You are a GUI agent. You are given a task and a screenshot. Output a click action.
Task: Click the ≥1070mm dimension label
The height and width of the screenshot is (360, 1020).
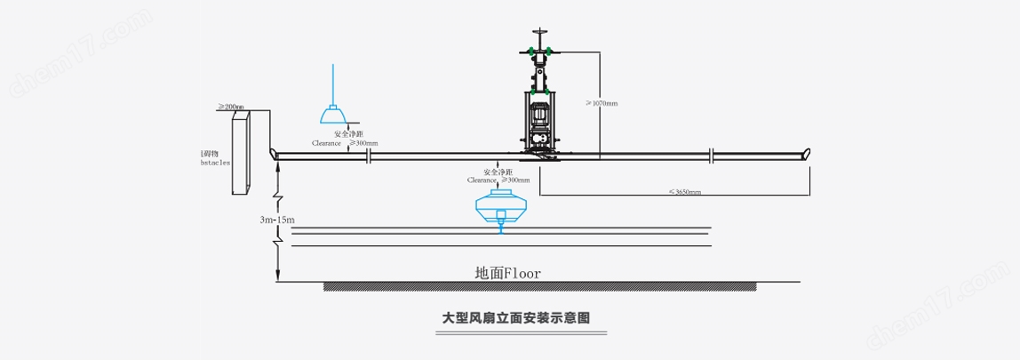click(602, 103)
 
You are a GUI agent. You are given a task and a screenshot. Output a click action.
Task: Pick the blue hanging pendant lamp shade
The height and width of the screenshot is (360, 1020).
click(332, 116)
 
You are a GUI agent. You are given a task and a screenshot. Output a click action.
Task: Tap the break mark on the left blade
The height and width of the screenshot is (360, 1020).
click(368, 156)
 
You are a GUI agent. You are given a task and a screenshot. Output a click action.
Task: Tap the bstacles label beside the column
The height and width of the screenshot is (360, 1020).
click(216, 164)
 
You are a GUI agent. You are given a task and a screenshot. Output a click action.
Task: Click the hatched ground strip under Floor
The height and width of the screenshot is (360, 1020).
click(539, 286)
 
